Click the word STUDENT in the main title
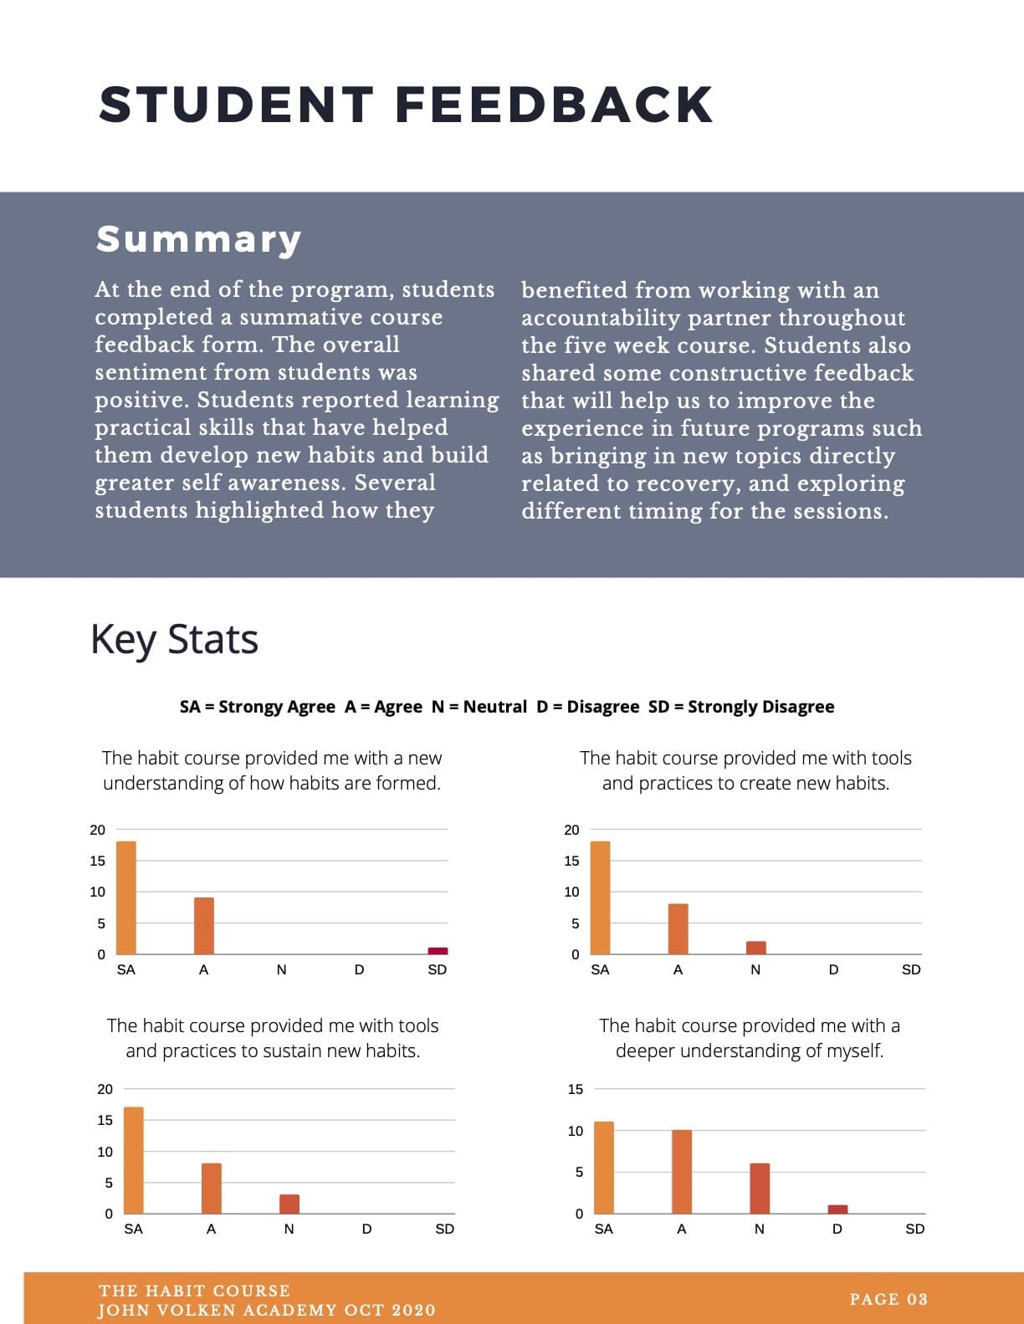tap(236, 105)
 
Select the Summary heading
tap(198, 239)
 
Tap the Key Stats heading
tap(174, 640)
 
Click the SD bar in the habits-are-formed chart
tap(438, 950)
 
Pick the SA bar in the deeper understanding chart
tap(604, 1168)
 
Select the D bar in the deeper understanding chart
tap(837, 1209)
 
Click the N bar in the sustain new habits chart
tap(289, 1204)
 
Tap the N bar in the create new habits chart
tap(756, 948)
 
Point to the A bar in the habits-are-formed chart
tap(204, 926)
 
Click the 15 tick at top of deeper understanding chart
tap(575, 1089)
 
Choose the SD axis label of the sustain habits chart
tap(445, 1229)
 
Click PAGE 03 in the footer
tap(888, 1299)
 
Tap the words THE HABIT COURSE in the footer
tap(195, 1291)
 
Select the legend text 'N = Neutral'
tap(479, 707)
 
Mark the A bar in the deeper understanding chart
tap(682, 1172)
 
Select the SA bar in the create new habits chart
tap(600, 897)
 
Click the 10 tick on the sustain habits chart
tap(105, 1152)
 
